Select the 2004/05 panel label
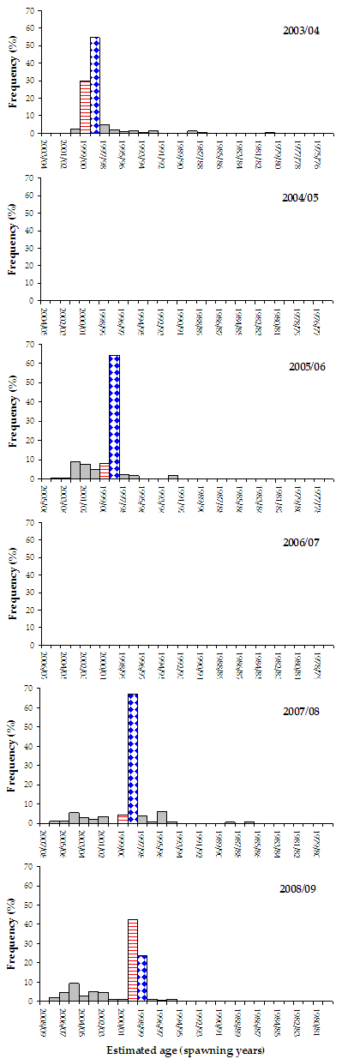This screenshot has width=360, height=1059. pos(301,197)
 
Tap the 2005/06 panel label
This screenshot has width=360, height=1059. pos(301,366)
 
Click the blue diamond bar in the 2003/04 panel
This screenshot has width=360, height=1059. pos(95,86)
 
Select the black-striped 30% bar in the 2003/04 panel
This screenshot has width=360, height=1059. pos(85,107)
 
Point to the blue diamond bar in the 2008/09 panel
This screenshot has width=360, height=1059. pos(142,978)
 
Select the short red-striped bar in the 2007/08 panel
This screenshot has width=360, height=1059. pos(123,819)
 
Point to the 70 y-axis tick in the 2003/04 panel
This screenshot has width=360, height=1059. pos(31,11)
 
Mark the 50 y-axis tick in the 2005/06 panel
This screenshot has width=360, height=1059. pos(31,382)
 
